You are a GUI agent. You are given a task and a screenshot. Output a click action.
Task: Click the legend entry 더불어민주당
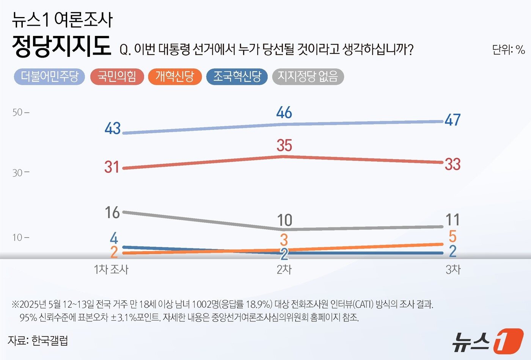tap(49, 77)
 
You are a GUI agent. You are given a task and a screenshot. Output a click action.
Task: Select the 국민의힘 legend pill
tap(117, 77)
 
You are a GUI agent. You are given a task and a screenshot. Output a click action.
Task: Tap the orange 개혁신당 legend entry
tap(174, 77)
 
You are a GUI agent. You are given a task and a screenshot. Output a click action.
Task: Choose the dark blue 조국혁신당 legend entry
tap(237, 77)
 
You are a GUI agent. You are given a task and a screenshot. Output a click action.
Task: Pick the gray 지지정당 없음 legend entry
tap(308, 77)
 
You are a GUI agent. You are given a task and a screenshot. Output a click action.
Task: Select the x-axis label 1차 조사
tap(111, 269)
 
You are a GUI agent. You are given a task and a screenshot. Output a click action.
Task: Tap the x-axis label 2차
tap(284, 269)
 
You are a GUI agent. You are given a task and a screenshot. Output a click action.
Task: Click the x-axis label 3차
tap(453, 269)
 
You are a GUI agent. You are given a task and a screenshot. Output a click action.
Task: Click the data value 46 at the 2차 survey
tap(284, 113)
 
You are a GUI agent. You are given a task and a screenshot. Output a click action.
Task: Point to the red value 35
tap(284, 146)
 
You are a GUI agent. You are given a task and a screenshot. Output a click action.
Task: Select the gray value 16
tap(113, 213)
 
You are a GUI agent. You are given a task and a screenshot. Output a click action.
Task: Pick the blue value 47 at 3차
tap(452, 120)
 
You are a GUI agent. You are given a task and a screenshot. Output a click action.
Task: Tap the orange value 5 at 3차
tap(452, 236)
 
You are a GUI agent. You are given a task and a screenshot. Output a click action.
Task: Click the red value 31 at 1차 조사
tap(112, 167)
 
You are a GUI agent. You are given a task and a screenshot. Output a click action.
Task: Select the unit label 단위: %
tap(508, 50)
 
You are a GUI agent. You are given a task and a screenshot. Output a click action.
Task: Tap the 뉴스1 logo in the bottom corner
tap(488, 341)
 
